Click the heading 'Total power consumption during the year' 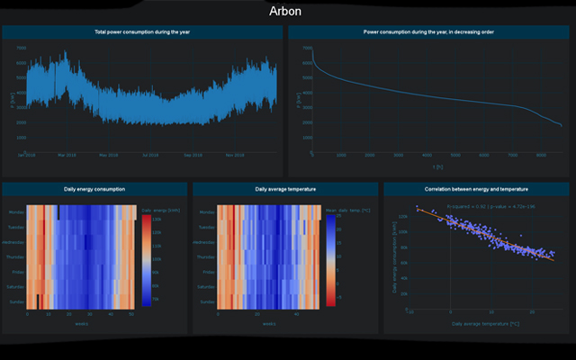pyautogui.click(x=142, y=32)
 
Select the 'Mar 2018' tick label pyautogui.click(x=67, y=155)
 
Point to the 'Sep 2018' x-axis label pyautogui.click(x=193, y=155)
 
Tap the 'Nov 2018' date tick pyautogui.click(x=236, y=155)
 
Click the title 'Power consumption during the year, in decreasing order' pyautogui.click(x=428, y=32)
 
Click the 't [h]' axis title pyautogui.click(x=437, y=166)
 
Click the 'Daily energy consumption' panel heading pyautogui.click(x=94, y=190)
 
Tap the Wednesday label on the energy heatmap pyautogui.click(x=13, y=242)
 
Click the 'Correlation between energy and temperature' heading pyautogui.click(x=476, y=190)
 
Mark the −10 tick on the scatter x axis pyautogui.click(x=410, y=312)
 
